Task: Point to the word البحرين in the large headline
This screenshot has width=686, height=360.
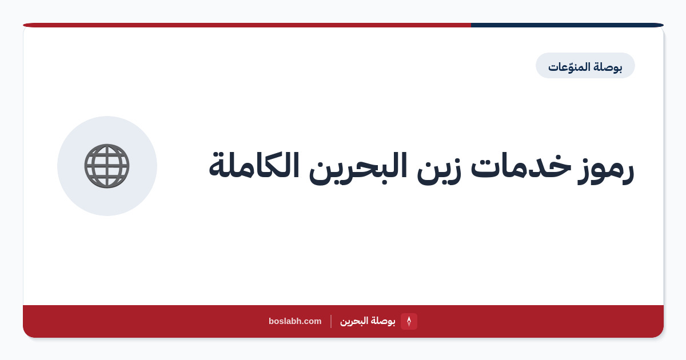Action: [x=358, y=169]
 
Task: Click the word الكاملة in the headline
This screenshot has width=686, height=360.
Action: [x=254, y=165]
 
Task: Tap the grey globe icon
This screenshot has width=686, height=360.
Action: [x=107, y=166]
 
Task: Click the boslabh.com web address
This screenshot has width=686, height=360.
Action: [x=295, y=321]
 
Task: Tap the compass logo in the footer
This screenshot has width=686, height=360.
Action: [x=409, y=321]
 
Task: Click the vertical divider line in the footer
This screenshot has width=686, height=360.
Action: [x=331, y=321]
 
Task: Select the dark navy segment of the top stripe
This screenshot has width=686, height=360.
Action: [x=567, y=25]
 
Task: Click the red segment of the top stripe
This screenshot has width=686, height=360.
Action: [x=247, y=25]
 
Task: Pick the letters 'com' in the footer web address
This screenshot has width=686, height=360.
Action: [x=314, y=322]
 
